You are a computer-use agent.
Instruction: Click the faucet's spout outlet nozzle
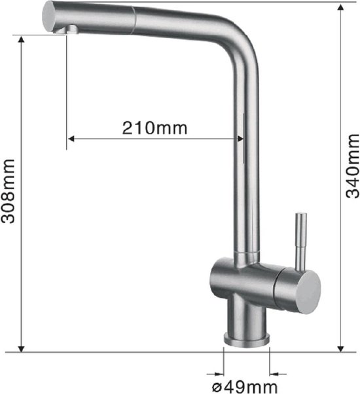tap(68, 29)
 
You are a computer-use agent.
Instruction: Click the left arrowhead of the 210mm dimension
tap(73, 138)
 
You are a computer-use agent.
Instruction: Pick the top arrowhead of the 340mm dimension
tap(340, 8)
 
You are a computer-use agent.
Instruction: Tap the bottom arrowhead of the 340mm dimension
tap(340, 347)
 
